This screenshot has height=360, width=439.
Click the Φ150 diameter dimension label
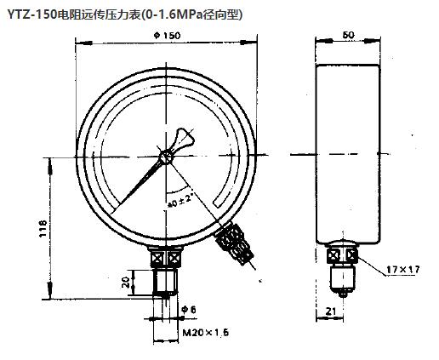168,36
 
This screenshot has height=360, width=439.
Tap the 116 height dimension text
42,228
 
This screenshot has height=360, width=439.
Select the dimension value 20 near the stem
127,282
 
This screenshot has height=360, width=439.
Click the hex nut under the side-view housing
344,254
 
